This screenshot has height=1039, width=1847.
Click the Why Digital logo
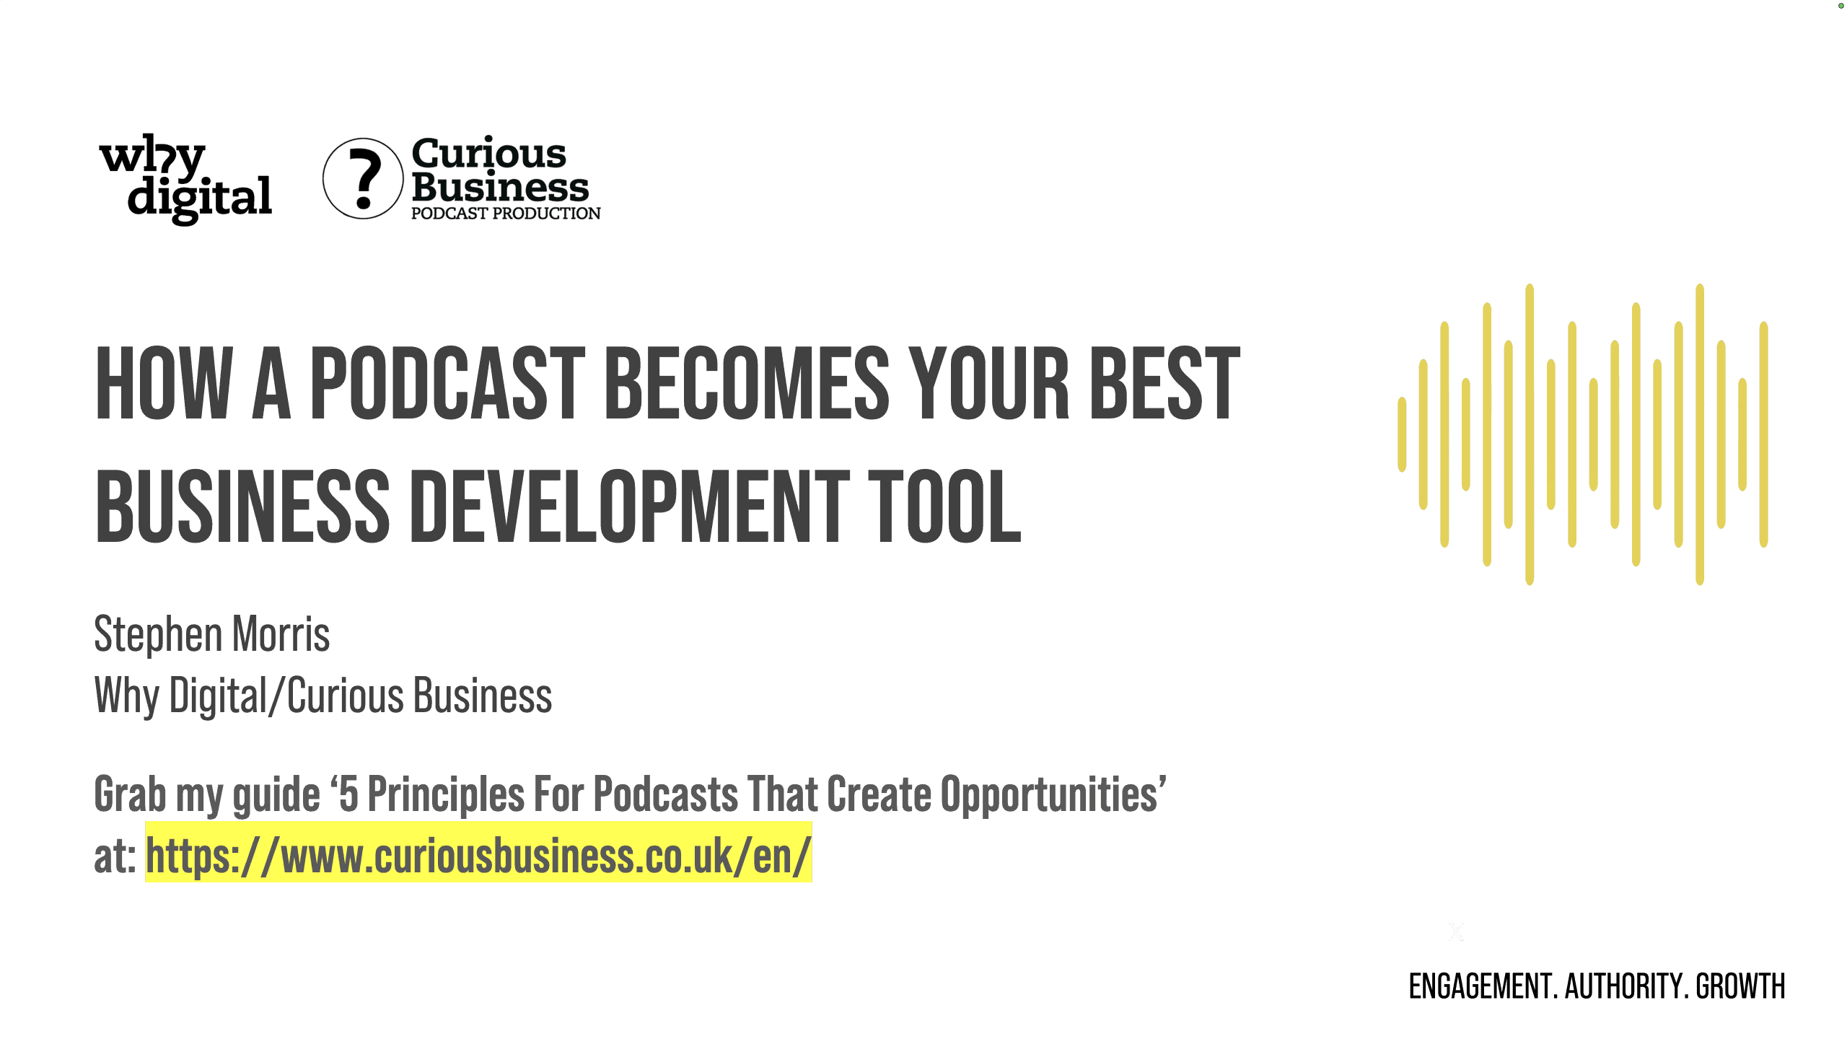coord(185,178)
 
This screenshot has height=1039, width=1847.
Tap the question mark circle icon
coord(363,178)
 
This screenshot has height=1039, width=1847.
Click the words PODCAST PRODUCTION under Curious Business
coord(506,214)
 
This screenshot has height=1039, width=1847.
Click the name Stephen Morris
coord(212,634)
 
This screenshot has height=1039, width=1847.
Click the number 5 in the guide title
coord(348,794)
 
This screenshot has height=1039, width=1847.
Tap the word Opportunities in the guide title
coord(1049,794)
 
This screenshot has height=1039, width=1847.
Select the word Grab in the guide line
coord(131,794)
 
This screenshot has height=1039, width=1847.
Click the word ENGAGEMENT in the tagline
coord(1481,986)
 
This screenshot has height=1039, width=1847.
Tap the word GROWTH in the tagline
coord(1740,986)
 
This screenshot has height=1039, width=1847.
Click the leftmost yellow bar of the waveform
coord(1402,434)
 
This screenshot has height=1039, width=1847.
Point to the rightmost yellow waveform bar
coord(1764,434)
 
